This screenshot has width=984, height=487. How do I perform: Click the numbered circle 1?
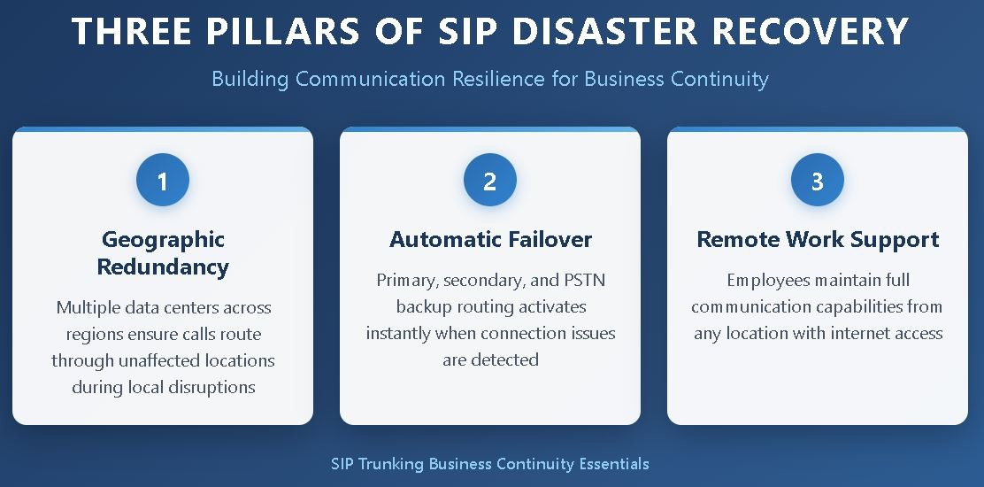click(x=162, y=182)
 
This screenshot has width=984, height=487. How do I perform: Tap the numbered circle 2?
click(x=489, y=182)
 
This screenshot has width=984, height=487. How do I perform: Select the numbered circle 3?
click(x=817, y=182)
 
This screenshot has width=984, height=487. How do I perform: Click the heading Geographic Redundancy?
click(x=163, y=253)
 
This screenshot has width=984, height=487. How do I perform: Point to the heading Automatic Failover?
click(x=490, y=239)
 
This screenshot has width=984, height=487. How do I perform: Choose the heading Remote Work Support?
click(x=818, y=239)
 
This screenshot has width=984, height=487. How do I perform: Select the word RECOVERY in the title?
click(x=812, y=32)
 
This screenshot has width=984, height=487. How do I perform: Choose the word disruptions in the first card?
click(x=212, y=388)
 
